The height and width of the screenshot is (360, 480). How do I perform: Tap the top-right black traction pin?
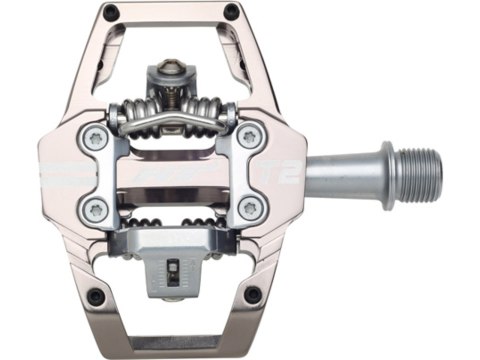[x=232, y=11]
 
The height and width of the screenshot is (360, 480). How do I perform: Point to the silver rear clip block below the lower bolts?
[x=175, y=244]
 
